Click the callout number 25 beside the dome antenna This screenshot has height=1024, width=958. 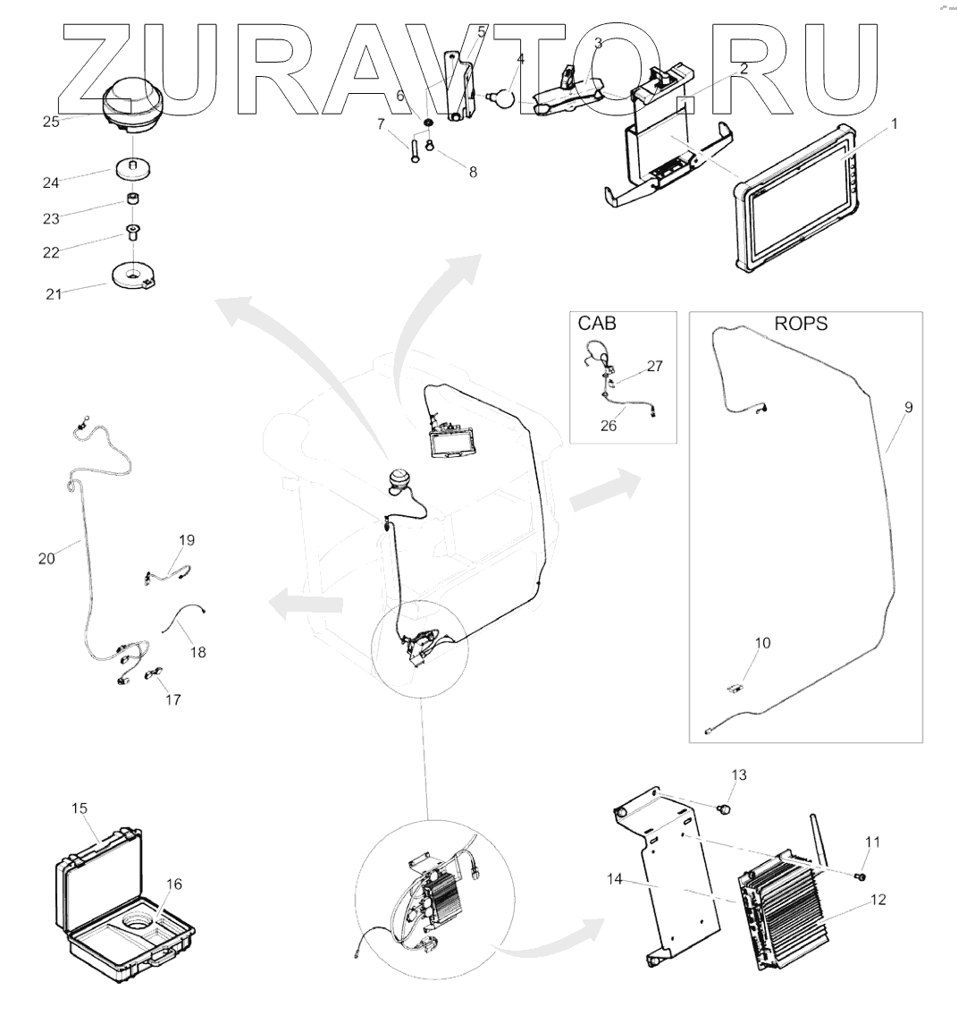pos(51,122)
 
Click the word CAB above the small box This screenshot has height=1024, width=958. pos(597,324)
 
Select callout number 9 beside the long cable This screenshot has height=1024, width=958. pos(908,408)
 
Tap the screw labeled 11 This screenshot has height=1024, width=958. pos(861,876)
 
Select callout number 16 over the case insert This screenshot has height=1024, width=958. pos(173,884)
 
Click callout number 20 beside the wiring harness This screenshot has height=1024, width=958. pos(46,558)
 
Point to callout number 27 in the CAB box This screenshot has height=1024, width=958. pos(655,366)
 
